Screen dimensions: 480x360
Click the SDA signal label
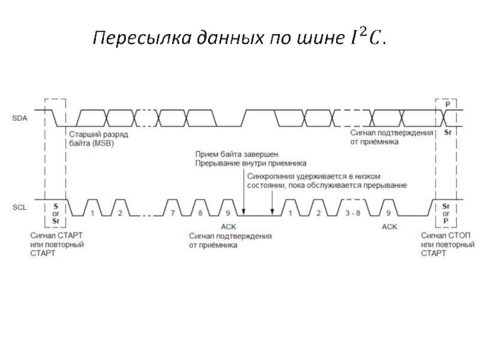pos(20,118)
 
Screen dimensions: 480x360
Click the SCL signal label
pos(20,207)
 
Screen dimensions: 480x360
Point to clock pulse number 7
pos(172,214)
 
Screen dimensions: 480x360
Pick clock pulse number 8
pos(200,214)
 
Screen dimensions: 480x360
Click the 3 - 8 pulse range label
pos(352,214)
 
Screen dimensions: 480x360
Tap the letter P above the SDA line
pos(446,104)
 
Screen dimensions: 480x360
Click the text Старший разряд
pos(94,135)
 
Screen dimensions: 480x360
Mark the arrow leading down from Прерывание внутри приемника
pos(244,192)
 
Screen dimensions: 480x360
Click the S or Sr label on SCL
pos(56,213)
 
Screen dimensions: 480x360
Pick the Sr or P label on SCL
pos(446,213)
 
